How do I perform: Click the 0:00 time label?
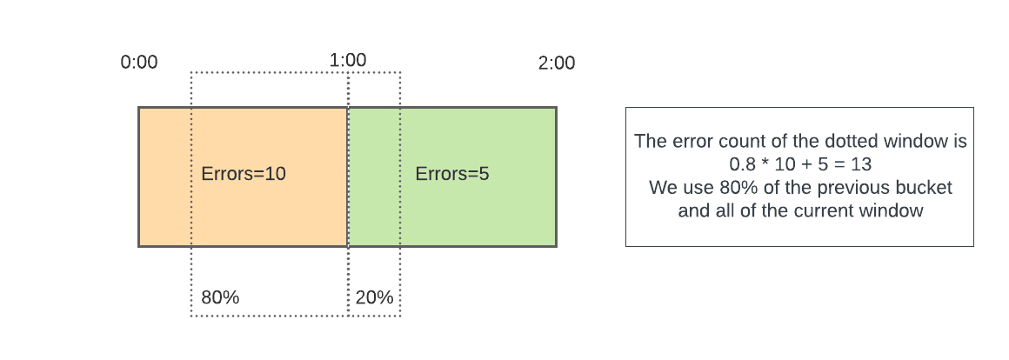[139, 63]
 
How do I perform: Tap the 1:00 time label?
[348, 61]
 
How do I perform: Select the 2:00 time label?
[557, 63]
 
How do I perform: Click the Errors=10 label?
[244, 174]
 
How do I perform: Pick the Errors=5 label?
[452, 174]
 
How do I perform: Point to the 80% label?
[220, 297]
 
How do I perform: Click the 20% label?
[374, 297]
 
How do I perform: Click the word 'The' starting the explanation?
[650, 141]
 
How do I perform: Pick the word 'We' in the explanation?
[662, 188]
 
